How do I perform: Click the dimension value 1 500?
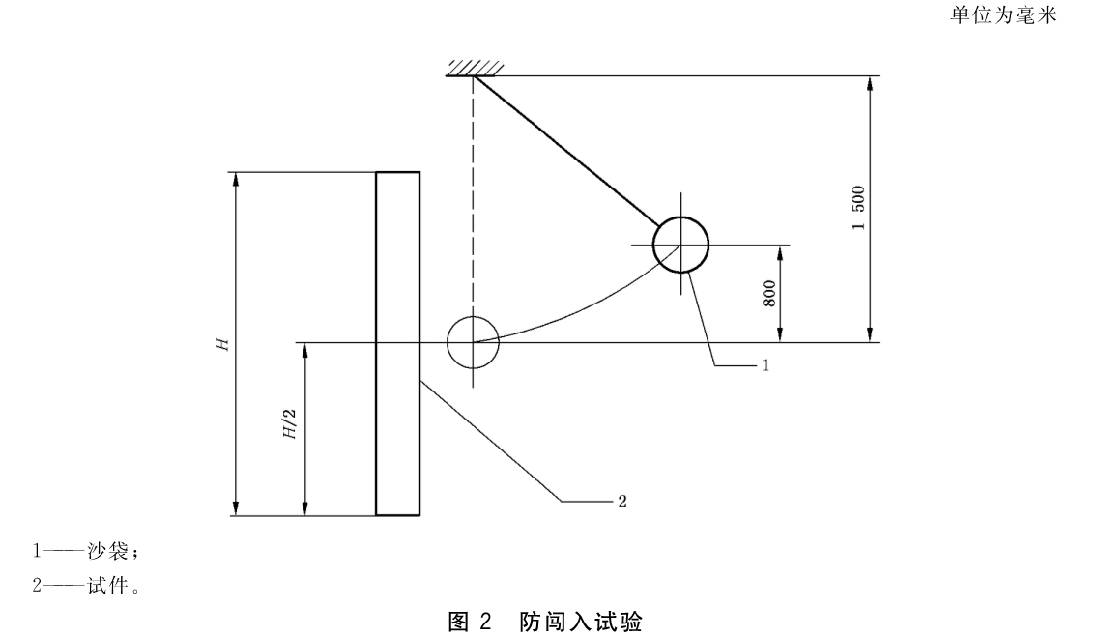point(858,208)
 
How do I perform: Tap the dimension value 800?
point(768,294)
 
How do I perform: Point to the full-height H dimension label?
point(222,344)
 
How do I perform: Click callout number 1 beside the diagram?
point(766,365)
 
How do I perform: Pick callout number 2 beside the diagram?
point(621,502)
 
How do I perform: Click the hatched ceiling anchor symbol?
point(475,69)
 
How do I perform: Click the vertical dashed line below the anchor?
point(474,196)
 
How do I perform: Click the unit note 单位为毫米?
point(1002,15)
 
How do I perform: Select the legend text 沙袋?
point(108,551)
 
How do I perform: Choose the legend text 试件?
point(108,586)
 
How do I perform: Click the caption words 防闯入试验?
point(581,622)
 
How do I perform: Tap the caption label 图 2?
point(471,622)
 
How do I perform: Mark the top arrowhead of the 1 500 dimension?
point(870,83)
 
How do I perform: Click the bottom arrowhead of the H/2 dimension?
point(305,508)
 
